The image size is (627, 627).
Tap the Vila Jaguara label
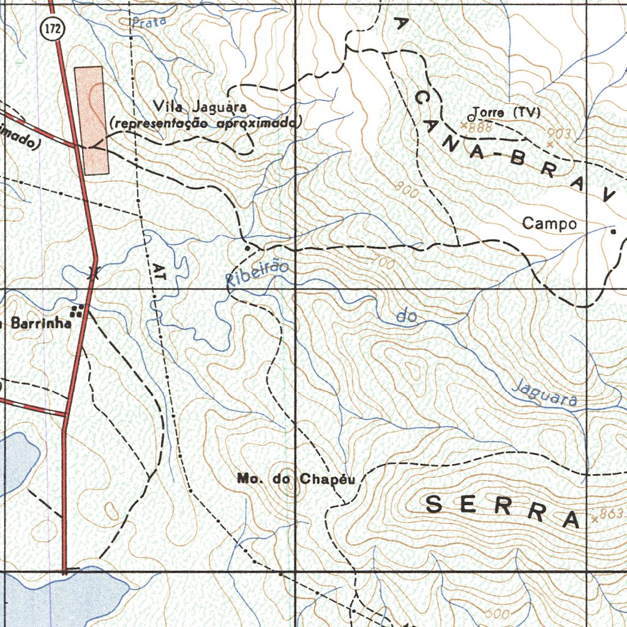(200, 108)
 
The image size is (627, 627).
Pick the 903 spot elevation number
(559, 133)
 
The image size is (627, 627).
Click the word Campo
(549, 224)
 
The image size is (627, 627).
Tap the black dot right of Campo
(613, 232)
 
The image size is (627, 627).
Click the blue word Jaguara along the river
(545, 393)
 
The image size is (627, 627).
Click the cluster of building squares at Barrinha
(77, 310)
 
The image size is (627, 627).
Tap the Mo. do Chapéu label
(296, 479)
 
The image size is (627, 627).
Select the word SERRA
(502, 511)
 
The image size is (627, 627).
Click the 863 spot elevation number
(611, 514)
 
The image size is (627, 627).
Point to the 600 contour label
(497, 613)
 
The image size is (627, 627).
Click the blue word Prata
(149, 23)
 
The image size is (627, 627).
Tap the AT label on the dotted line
(160, 272)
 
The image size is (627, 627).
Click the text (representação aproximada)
(203, 124)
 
